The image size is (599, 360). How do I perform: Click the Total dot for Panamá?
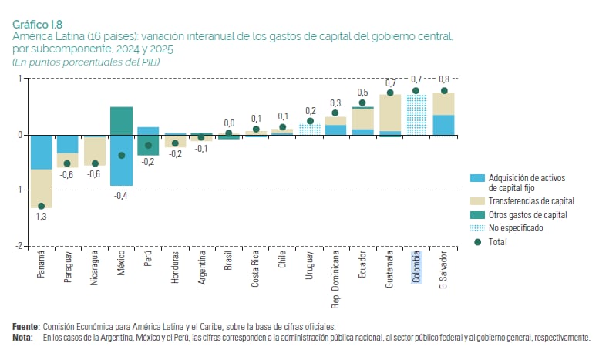coord(42,207)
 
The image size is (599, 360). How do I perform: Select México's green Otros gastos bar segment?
coord(122,121)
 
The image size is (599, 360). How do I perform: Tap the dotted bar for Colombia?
coord(416,115)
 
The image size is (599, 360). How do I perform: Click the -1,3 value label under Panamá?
coord(40,217)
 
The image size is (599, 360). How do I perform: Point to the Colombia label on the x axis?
coord(416,267)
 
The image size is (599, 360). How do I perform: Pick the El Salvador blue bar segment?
coord(443,125)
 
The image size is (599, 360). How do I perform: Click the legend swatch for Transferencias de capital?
coord(477,201)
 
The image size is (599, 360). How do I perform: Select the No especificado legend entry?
coord(506,228)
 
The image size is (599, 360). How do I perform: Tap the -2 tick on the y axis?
coord(19,246)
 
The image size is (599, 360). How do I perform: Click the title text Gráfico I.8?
coord(37,25)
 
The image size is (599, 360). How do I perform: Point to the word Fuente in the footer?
coord(25,327)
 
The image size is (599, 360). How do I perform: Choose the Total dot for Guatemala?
coord(390,93)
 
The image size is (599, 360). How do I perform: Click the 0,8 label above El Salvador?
coord(444,79)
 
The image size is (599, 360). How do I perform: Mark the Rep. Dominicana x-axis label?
coord(336,279)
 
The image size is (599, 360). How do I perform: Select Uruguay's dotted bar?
coord(310,129)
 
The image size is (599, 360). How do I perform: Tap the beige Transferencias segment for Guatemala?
coord(390,113)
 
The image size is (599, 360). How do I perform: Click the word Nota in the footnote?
coord(22,338)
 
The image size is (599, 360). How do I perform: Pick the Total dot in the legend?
coord(477,242)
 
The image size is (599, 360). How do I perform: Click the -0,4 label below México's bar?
coord(121,196)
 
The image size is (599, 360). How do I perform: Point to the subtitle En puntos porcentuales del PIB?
coord(86,62)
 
